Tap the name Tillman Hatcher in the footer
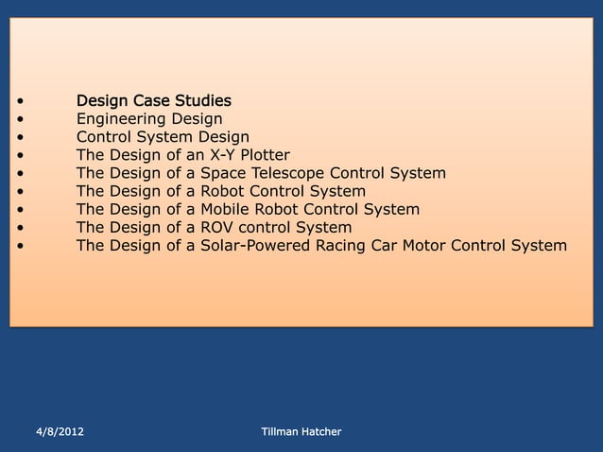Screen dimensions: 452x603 301,432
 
